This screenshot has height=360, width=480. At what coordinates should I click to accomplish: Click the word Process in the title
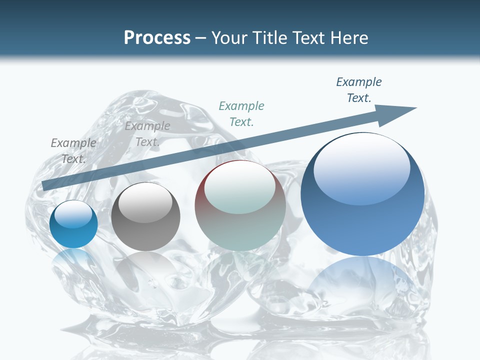(x=157, y=38)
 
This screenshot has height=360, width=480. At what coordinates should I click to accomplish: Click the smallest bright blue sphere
(x=73, y=225)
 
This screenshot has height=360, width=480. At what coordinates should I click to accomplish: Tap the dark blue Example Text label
(x=359, y=90)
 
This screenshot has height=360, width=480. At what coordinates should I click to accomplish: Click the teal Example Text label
(x=241, y=113)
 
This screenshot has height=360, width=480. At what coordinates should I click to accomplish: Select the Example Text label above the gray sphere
(x=147, y=134)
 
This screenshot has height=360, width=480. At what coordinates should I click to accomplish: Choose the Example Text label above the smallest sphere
(x=73, y=150)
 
